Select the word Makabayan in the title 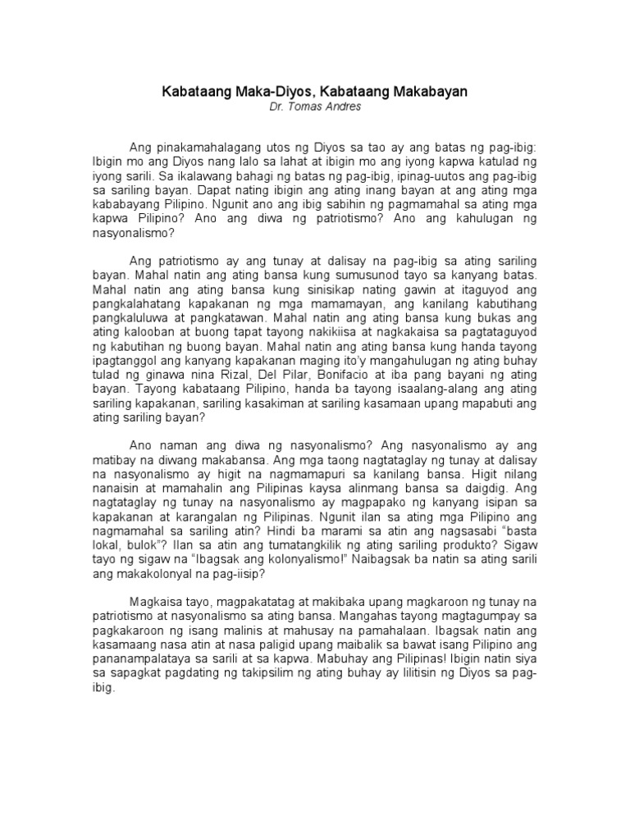426,93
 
